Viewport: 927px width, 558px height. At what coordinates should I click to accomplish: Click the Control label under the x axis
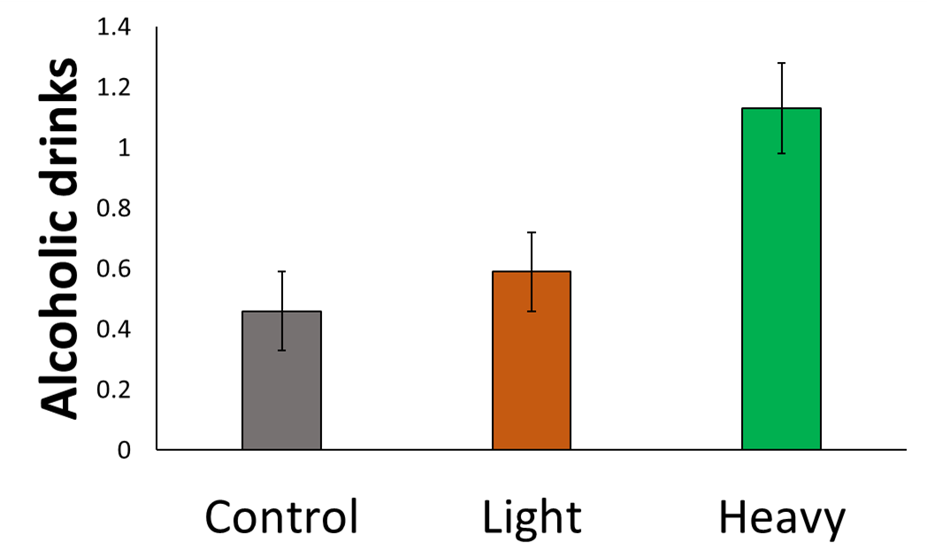coord(281,516)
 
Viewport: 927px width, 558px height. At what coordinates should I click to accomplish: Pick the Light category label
coord(532,516)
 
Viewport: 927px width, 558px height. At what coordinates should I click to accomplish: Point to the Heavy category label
coord(782,516)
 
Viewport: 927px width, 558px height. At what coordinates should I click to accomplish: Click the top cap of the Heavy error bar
coord(781,63)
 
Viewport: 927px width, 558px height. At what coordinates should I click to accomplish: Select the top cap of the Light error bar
coord(532,232)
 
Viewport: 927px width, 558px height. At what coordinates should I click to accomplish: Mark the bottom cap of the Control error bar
coord(281,351)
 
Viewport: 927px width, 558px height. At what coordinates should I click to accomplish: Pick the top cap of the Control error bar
coord(281,271)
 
